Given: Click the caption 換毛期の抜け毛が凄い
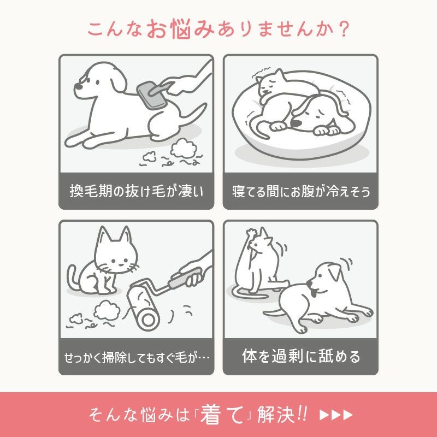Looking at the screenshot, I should click(136, 191).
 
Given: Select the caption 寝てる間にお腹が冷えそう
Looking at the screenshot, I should click(300, 191).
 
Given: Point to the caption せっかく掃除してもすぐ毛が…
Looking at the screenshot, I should click(136, 358).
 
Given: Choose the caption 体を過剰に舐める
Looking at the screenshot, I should click(300, 357).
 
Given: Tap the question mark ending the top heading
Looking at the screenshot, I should click(342, 28).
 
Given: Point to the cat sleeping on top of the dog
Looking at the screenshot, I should click(276, 85).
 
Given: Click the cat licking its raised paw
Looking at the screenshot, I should click(257, 257).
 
